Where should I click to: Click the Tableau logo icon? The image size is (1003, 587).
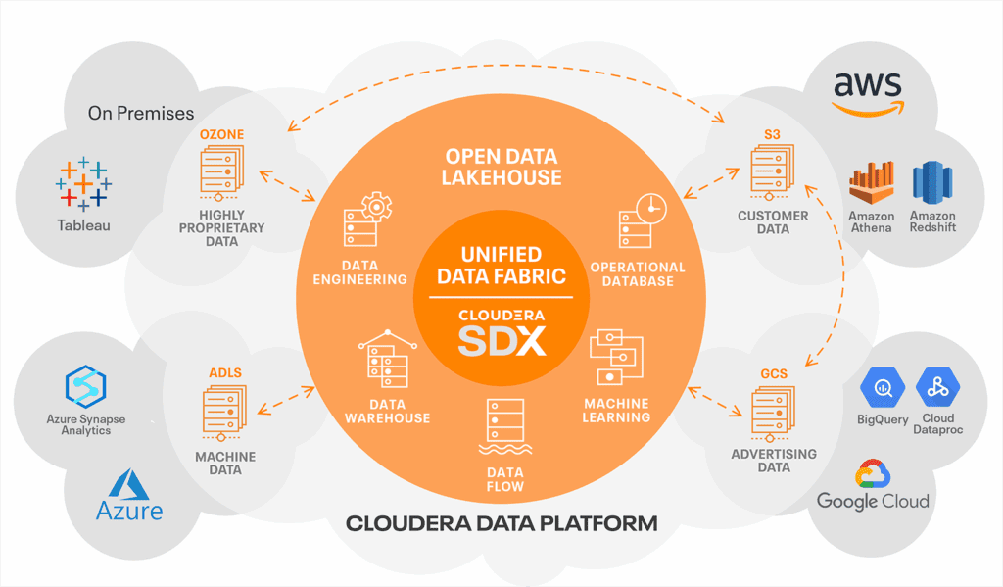83,183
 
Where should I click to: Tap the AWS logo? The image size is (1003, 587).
868,94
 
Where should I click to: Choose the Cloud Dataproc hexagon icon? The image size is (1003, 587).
936,386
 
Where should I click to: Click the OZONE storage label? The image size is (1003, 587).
221,133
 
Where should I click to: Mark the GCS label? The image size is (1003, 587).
774,374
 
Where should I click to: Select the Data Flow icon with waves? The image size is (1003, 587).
503,428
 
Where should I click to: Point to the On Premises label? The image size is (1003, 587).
141,114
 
